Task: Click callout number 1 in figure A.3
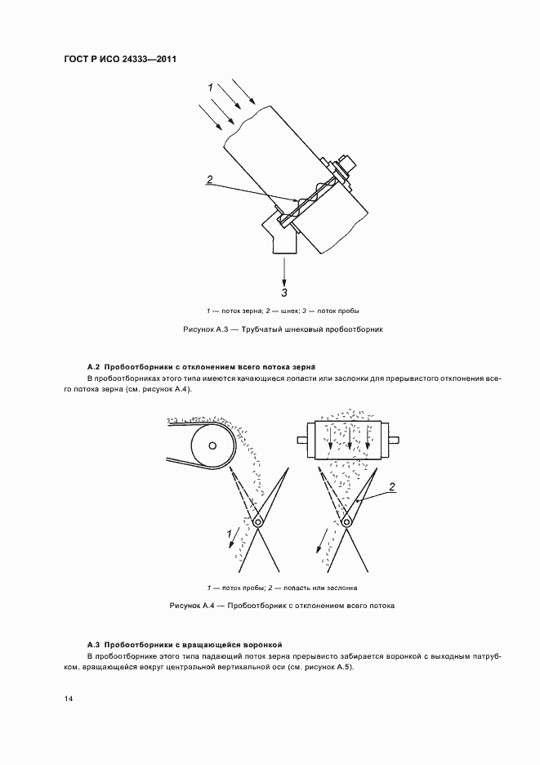210,86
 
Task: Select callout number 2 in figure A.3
210,180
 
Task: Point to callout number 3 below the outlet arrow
284,291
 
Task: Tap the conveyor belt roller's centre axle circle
212,445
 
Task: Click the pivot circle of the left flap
258,521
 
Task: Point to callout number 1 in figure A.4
228,536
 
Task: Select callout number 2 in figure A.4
392,488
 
